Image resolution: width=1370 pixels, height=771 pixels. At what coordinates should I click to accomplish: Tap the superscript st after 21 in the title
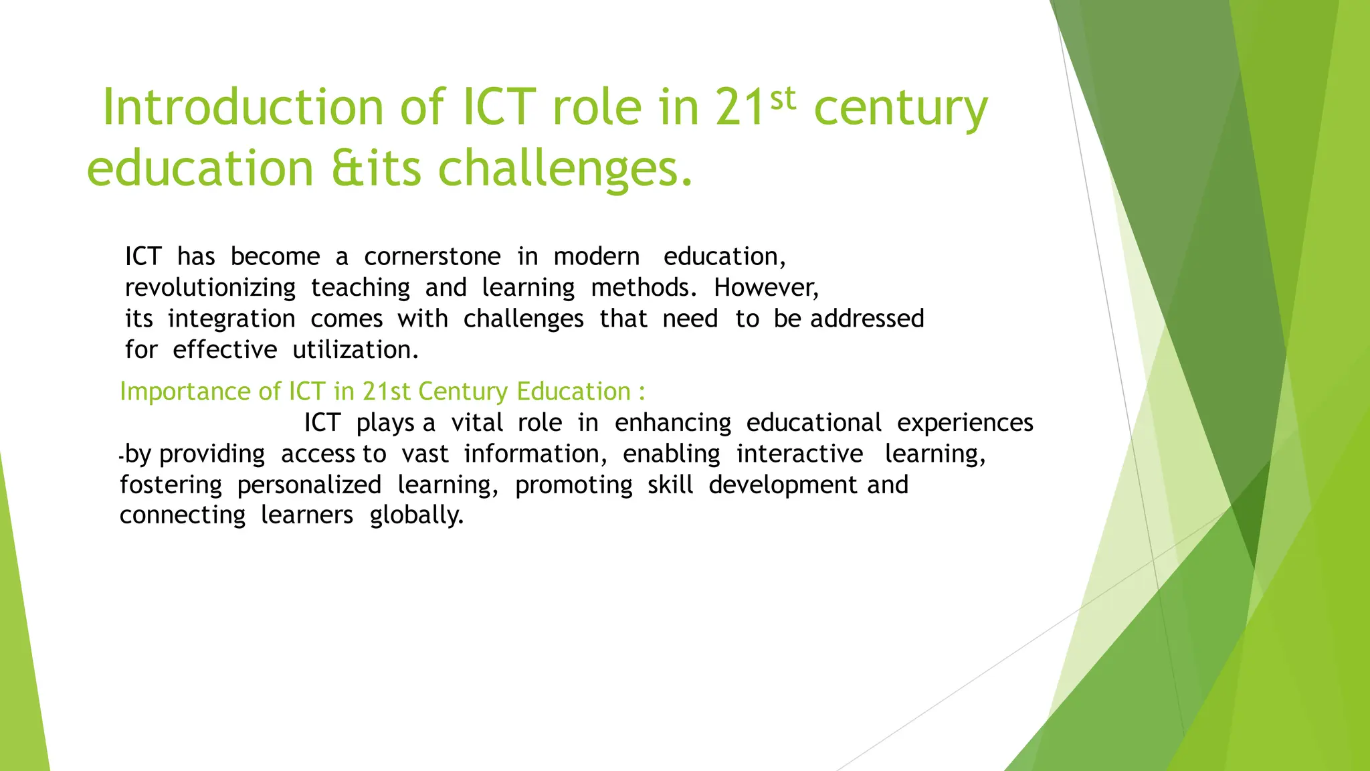tap(783, 98)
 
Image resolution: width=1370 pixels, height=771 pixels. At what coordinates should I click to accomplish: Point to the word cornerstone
tap(432, 257)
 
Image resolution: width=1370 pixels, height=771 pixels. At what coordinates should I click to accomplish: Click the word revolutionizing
tap(210, 288)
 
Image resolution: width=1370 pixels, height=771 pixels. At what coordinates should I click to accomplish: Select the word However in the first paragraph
tap(765, 288)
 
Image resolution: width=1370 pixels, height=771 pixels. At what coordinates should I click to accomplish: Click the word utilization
tap(355, 350)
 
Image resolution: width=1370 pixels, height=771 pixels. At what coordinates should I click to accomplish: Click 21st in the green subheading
tap(386, 392)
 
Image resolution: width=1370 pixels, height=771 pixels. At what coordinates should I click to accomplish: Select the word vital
tap(476, 423)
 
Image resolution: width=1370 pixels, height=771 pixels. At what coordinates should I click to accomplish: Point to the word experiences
tap(965, 423)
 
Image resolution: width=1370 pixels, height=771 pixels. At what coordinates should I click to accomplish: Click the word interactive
tap(799, 454)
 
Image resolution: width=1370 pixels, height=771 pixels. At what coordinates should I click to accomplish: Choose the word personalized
tap(309, 485)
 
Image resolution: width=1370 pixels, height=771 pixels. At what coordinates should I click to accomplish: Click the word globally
tap(416, 515)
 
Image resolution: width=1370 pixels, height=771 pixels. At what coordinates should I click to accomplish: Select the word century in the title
tap(900, 108)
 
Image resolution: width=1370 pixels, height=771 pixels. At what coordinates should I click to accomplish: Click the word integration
tap(231, 319)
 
